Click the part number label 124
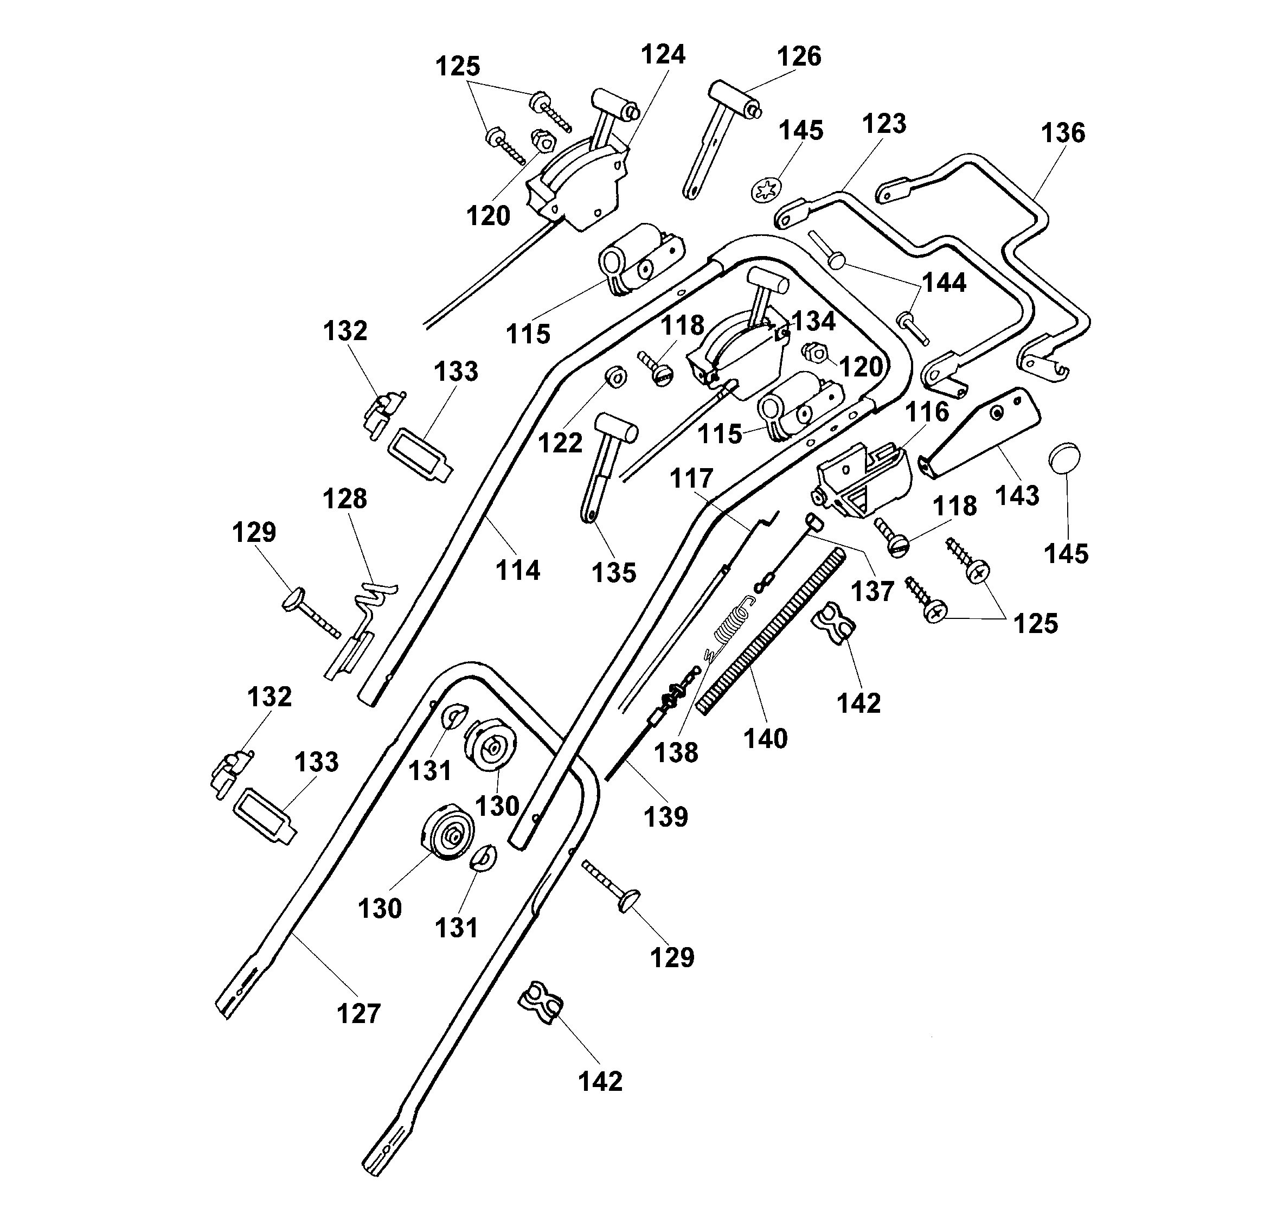coord(662,54)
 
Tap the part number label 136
coord(1063,133)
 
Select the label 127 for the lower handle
coord(358,1013)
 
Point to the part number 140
coord(766,739)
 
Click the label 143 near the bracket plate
coord(1017,495)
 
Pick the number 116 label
coord(927,412)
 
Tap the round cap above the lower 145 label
coord(1066,459)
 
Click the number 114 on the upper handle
coord(517,570)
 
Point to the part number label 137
coord(872,591)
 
